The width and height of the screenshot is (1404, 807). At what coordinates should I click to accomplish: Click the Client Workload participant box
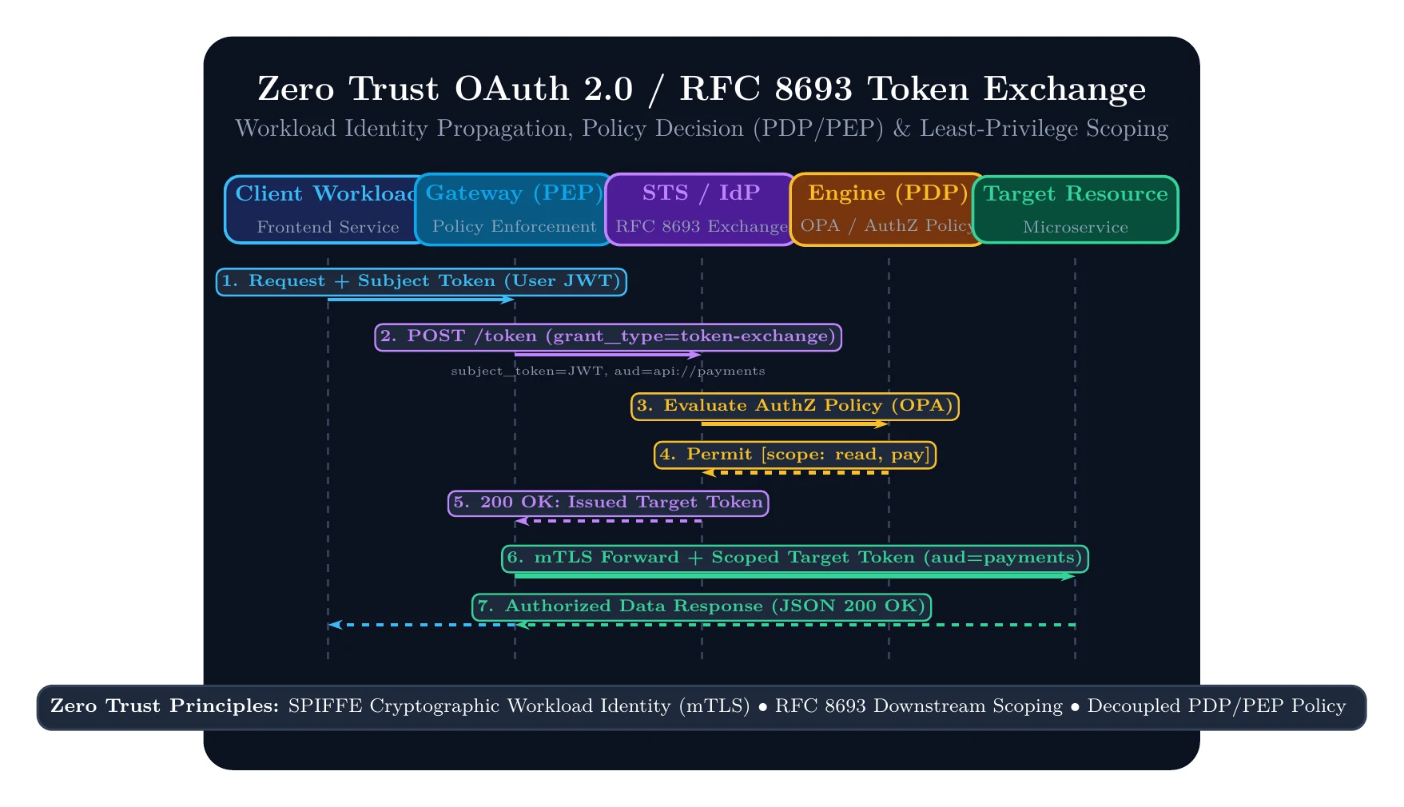click(x=328, y=209)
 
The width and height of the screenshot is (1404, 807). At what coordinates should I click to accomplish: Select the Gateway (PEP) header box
click(x=515, y=209)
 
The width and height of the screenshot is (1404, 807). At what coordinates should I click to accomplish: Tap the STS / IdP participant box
click(x=702, y=209)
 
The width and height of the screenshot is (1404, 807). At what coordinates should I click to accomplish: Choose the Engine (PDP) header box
click(x=889, y=209)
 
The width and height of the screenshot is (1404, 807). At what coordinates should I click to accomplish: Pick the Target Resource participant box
click(x=1076, y=209)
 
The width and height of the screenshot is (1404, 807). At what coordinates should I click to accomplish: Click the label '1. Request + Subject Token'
click(x=421, y=282)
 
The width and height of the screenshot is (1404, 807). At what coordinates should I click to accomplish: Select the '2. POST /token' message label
click(x=608, y=337)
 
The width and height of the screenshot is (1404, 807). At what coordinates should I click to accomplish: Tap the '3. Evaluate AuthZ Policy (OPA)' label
click(x=795, y=407)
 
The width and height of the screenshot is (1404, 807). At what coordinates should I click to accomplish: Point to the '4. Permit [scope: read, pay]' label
click(x=795, y=455)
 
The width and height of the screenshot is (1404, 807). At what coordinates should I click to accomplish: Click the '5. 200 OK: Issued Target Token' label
click(x=608, y=503)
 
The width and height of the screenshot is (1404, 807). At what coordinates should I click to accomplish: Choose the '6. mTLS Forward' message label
click(x=795, y=559)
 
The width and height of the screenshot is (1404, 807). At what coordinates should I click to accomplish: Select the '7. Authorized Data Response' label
click(x=702, y=607)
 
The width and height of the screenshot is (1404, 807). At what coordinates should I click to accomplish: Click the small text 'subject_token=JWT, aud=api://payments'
click(x=608, y=371)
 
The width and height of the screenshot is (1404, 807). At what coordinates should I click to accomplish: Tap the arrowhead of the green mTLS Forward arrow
click(x=1069, y=576)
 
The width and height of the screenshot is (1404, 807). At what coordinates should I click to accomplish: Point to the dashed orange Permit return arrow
click(x=795, y=473)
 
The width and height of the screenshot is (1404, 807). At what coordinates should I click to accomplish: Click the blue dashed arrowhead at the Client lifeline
click(x=335, y=625)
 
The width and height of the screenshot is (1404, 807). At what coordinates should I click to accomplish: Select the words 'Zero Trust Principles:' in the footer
click(x=165, y=706)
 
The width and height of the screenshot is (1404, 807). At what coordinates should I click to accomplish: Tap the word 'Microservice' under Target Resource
click(x=1076, y=228)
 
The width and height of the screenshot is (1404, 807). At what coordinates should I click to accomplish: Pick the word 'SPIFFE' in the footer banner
click(x=314, y=706)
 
